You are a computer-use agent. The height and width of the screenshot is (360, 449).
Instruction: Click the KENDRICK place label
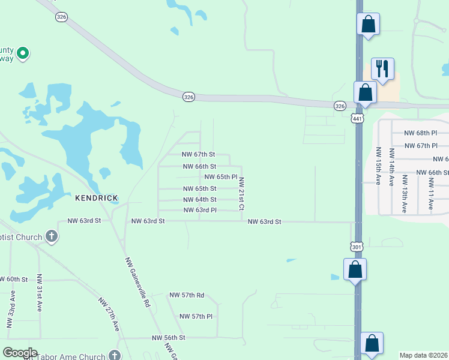96,197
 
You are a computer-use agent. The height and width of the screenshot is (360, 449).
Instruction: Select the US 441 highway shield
358,119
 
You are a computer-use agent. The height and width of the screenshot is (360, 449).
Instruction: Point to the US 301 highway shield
356,246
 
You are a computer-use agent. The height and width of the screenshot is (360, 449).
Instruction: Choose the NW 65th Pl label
221,177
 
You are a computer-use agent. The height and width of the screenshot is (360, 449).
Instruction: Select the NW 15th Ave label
378,166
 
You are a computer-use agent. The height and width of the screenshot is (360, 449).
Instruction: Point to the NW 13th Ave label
405,194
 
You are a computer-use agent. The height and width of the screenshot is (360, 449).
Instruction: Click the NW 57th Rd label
187,295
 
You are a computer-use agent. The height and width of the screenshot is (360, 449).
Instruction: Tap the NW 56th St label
169,338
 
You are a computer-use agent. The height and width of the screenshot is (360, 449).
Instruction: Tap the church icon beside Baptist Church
52,236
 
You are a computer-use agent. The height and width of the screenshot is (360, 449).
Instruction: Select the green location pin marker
23,53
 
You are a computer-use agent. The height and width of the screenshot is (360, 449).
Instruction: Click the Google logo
20,353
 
